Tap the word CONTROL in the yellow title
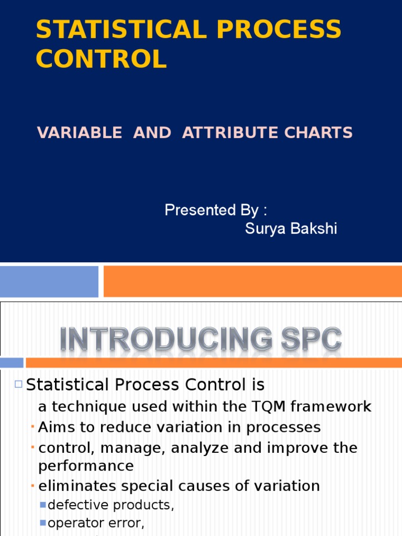(101, 59)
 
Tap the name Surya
(265, 229)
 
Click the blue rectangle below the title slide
(49, 281)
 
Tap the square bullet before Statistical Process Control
(18, 385)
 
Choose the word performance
(86, 466)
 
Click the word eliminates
(78, 486)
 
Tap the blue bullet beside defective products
(43, 505)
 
